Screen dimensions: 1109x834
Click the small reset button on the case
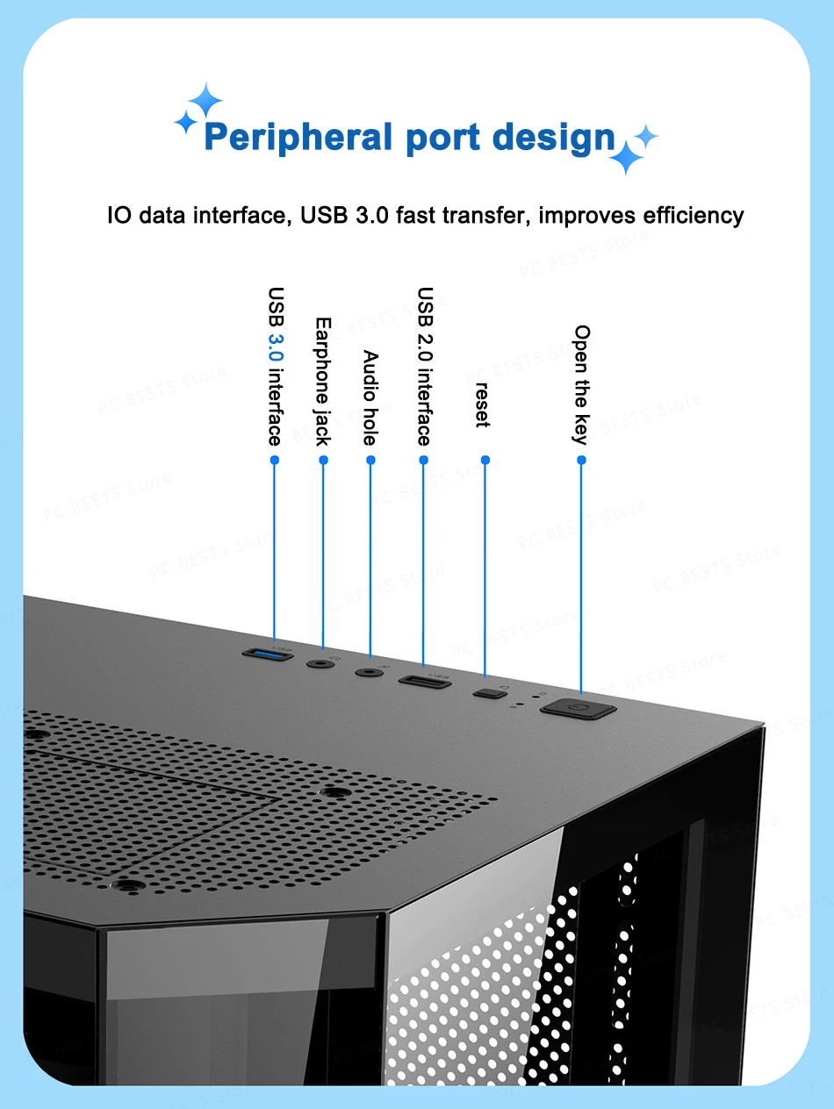click(489, 694)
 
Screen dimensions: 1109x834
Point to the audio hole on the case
click(368, 673)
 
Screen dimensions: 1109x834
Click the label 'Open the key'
click(581, 384)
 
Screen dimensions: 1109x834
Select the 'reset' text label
click(482, 404)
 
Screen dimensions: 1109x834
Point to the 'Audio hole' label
click(370, 397)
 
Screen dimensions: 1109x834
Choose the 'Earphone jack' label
click(322, 381)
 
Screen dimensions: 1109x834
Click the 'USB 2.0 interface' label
click(425, 366)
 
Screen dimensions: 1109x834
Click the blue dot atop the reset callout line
click(485, 459)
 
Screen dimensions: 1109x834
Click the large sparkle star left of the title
click(205, 100)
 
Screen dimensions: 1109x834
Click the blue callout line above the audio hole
click(370, 562)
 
